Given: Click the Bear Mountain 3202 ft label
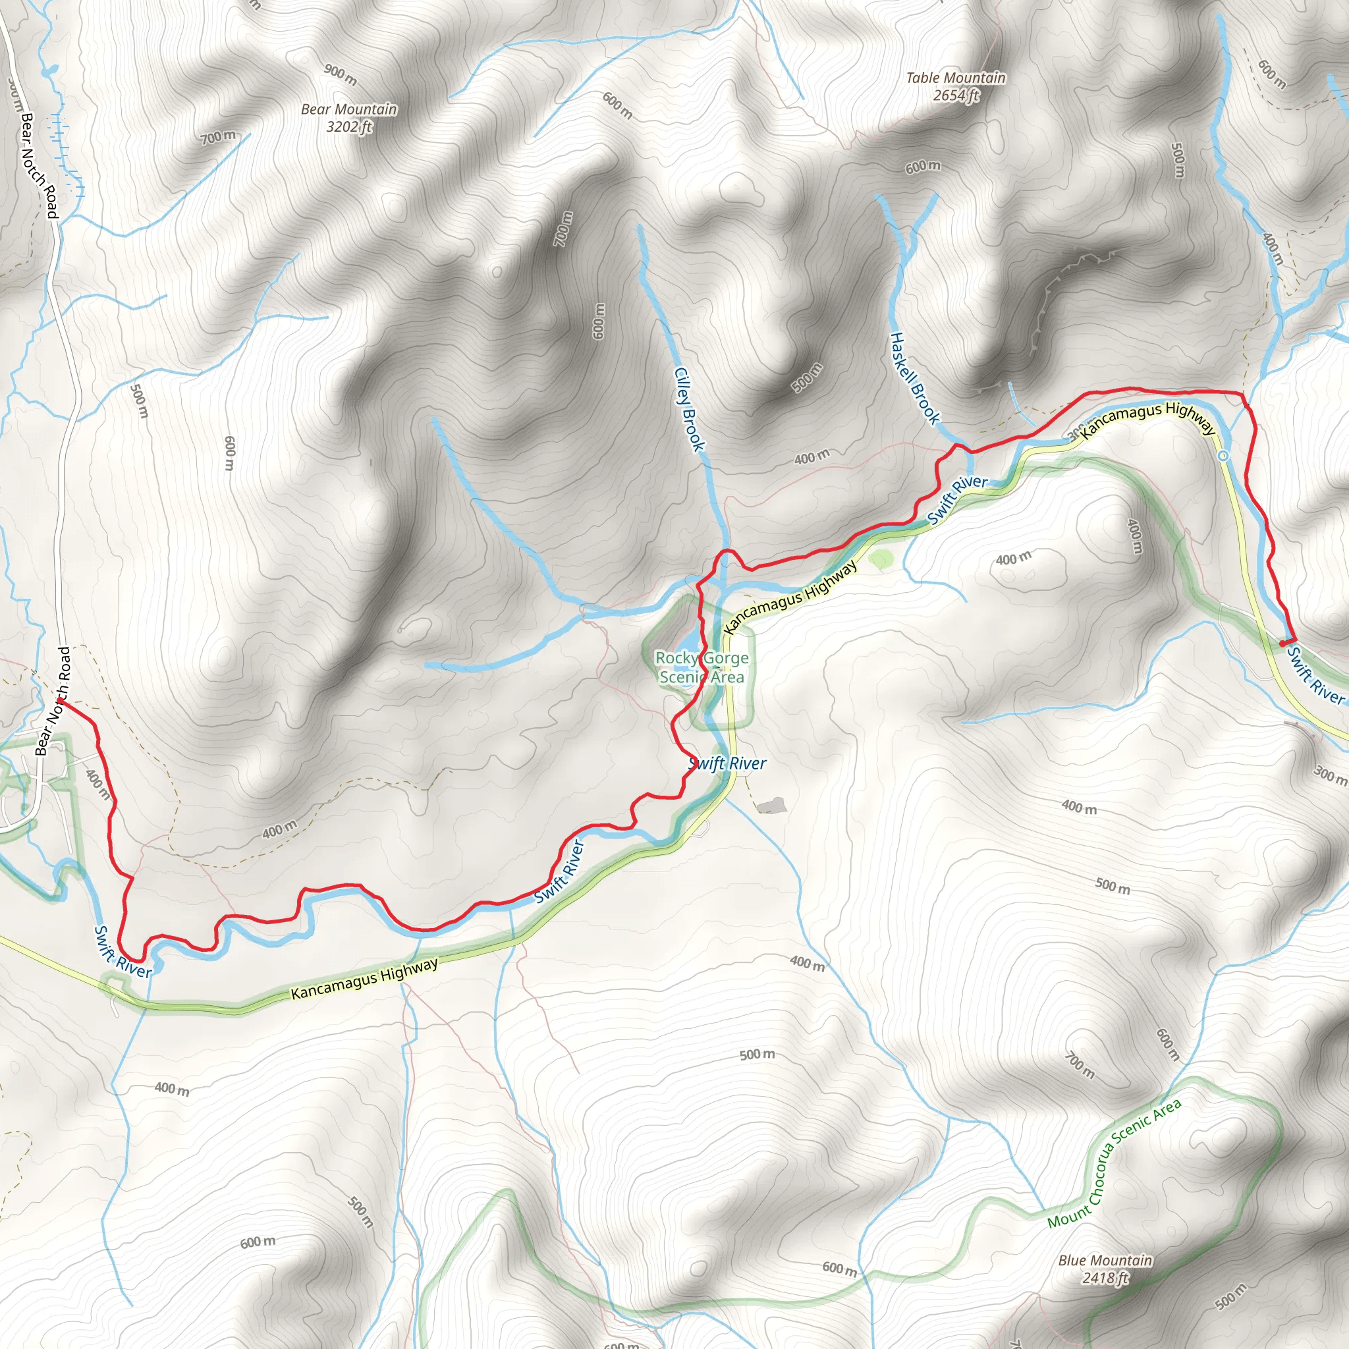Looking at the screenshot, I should [x=348, y=118].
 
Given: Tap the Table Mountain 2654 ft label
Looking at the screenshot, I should [x=955, y=86].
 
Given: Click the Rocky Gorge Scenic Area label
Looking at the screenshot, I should [x=702, y=667].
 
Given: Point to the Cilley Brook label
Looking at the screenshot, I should [x=689, y=409].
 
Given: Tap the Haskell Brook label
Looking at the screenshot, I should [x=914, y=377].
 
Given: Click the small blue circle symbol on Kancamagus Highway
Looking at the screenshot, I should [x=1223, y=456].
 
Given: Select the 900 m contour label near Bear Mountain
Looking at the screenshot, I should [x=341, y=74].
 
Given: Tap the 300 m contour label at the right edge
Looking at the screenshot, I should [x=1330, y=775].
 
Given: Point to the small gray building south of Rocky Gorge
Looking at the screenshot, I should [x=771, y=806].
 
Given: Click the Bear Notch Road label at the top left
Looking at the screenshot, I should [x=38, y=165].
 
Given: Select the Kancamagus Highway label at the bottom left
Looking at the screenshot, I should [x=364, y=977].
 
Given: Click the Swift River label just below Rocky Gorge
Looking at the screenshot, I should [x=727, y=764].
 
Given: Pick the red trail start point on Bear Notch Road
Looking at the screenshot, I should [x=59, y=700].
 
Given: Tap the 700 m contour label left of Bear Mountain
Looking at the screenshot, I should [x=219, y=137].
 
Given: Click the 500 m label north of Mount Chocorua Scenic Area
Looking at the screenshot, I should [x=757, y=1054].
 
